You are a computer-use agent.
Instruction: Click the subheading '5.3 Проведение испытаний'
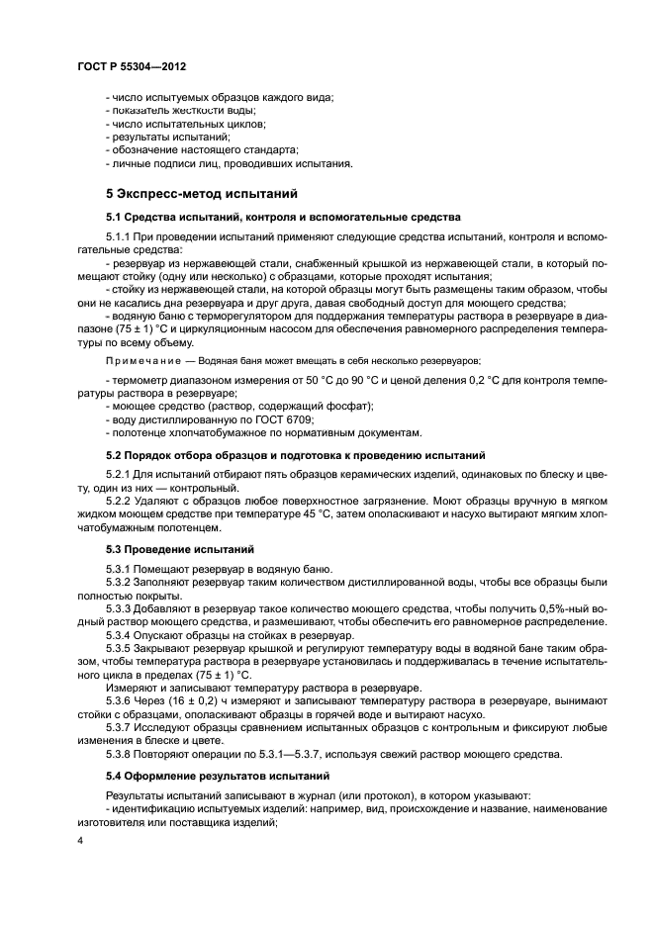click(167, 547)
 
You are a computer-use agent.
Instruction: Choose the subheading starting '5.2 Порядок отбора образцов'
click(295, 455)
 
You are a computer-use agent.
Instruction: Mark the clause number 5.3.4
click(120, 634)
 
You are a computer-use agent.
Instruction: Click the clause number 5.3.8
click(120, 755)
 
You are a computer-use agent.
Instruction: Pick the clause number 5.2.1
click(120, 473)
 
